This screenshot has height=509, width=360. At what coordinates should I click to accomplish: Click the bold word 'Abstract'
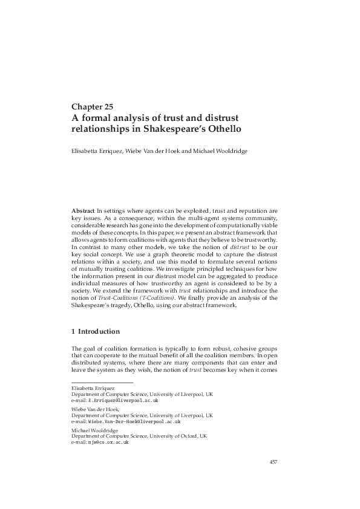(x=83, y=210)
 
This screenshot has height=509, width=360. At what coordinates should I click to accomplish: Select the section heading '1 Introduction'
(x=95, y=331)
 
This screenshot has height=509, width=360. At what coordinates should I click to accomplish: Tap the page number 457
(x=273, y=462)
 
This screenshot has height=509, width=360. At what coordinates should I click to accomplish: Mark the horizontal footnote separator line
(x=102, y=382)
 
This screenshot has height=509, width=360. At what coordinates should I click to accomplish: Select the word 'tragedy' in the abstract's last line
(x=125, y=305)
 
